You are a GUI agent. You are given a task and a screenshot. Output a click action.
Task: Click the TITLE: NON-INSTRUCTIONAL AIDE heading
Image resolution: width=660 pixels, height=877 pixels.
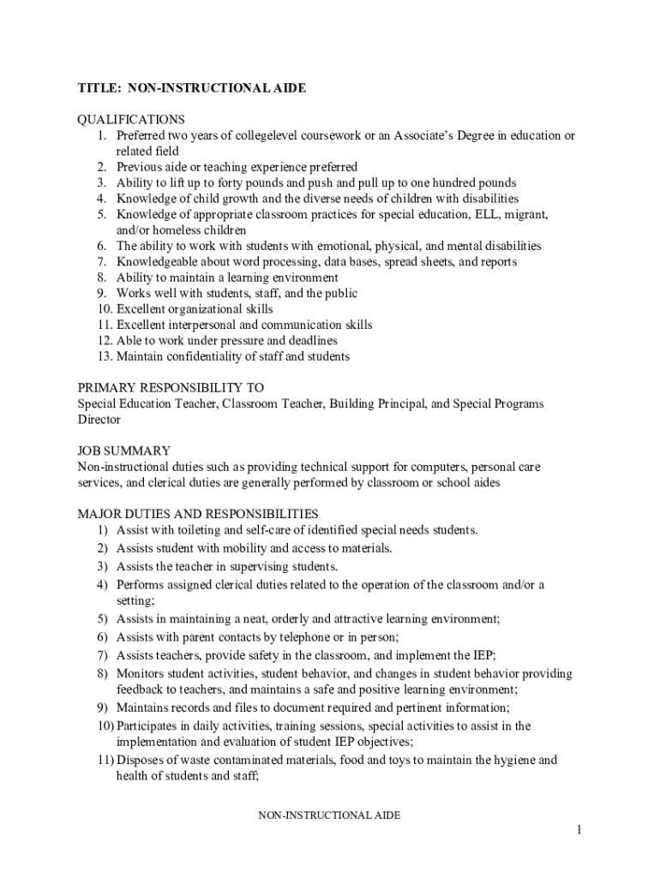point(192,88)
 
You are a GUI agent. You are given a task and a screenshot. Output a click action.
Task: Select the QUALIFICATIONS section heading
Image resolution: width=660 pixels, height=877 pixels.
point(131,120)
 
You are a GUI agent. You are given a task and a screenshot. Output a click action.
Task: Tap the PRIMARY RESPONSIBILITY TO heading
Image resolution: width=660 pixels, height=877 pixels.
point(171,387)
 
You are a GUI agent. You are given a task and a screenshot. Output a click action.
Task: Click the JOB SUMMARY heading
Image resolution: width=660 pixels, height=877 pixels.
point(123,450)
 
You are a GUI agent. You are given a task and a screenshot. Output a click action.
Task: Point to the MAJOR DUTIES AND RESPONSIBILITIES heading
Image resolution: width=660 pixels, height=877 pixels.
point(198,514)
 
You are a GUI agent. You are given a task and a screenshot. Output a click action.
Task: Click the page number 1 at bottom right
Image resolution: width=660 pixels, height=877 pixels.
point(579,830)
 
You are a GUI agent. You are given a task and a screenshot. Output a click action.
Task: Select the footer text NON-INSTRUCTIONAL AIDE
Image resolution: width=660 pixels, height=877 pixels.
point(330,815)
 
